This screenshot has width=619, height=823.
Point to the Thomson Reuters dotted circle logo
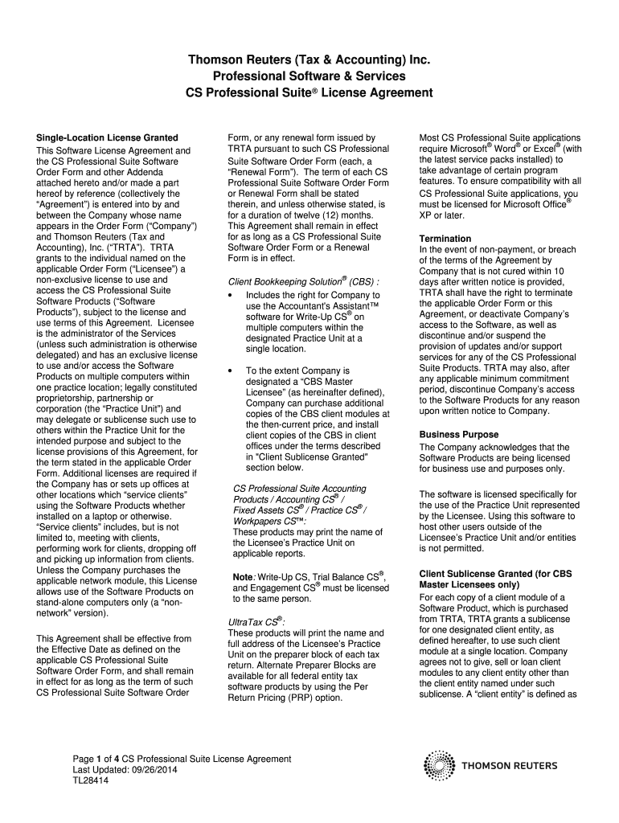click(x=439, y=766)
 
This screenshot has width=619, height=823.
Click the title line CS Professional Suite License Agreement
click(x=309, y=92)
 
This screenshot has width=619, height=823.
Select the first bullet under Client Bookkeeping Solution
click(x=232, y=295)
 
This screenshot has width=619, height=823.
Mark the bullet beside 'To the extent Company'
click(x=232, y=371)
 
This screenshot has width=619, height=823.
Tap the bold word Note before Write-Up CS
click(x=243, y=577)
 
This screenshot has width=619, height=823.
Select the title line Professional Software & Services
click(x=309, y=76)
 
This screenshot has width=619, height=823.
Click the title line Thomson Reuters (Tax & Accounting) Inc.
click(x=309, y=59)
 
